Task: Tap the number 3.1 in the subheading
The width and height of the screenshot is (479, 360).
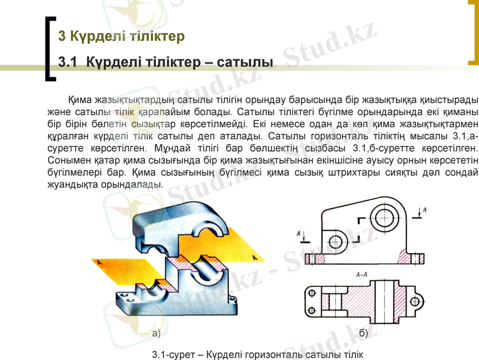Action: pyautogui.click(x=68, y=62)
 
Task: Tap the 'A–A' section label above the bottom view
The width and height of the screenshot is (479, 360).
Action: pyautogui.click(x=362, y=275)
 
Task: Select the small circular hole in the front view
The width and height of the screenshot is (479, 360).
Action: pyautogui.click(x=336, y=241)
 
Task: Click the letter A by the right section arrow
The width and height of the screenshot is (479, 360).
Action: pyautogui.click(x=424, y=210)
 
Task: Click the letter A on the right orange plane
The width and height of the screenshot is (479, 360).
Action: pyautogui.click(x=255, y=258)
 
